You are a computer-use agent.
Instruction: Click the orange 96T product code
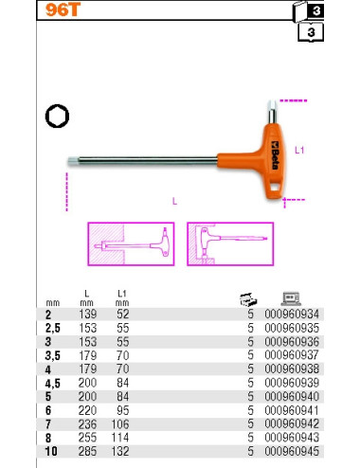click(x=63, y=9)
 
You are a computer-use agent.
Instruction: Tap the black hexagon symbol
click(x=57, y=116)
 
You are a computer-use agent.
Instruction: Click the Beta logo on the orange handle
click(x=275, y=155)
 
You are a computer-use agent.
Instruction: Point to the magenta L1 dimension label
click(x=299, y=151)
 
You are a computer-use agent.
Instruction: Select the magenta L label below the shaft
click(x=174, y=201)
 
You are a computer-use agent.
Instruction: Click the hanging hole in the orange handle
click(x=276, y=188)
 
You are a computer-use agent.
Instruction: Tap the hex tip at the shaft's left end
click(x=73, y=161)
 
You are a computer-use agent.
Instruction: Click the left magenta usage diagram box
click(x=131, y=243)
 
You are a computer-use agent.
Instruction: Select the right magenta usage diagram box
click(x=230, y=243)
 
